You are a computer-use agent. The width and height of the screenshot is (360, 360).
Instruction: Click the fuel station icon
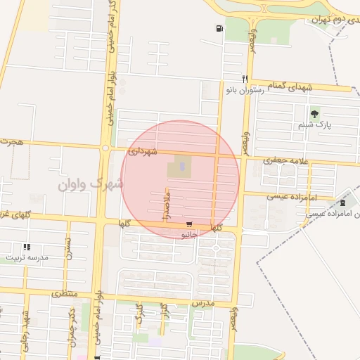220,29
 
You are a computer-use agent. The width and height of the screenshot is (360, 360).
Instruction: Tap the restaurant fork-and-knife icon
245,79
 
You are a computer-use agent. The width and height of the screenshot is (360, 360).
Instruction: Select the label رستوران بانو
244,91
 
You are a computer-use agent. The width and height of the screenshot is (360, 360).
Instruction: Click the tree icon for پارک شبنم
314,113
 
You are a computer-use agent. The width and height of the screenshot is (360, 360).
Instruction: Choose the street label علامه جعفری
281,160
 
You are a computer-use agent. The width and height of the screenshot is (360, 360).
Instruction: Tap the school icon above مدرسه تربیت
27,247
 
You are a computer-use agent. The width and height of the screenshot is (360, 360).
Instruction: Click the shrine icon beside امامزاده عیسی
342,202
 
